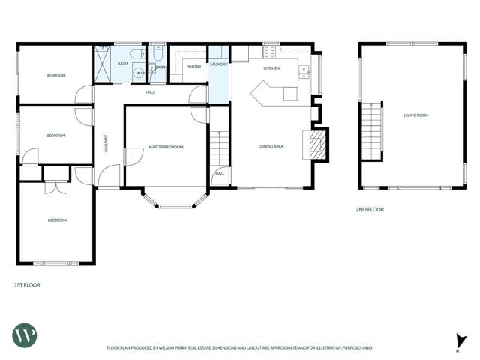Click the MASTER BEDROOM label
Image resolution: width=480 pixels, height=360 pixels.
tap(166, 147)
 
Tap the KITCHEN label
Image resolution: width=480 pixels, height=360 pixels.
tap(271, 68)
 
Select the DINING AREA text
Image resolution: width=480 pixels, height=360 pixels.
tap(271, 146)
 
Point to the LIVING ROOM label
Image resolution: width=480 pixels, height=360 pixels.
tap(416, 115)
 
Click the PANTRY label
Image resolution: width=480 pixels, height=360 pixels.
tap(193, 66)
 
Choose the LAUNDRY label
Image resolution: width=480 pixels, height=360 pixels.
tap(218, 64)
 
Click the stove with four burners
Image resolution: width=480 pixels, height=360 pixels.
tap(269, 52)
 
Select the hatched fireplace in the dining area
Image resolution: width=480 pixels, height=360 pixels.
tap(315, 144)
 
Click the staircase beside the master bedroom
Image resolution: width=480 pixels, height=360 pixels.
tap(218, 147)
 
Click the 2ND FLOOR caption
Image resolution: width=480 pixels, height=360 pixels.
tap(369, 210)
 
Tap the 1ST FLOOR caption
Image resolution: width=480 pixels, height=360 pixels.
tap(27, 285)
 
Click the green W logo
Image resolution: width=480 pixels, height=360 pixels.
tap(24, 335)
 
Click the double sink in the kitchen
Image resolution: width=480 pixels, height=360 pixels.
tap(304, 71)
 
